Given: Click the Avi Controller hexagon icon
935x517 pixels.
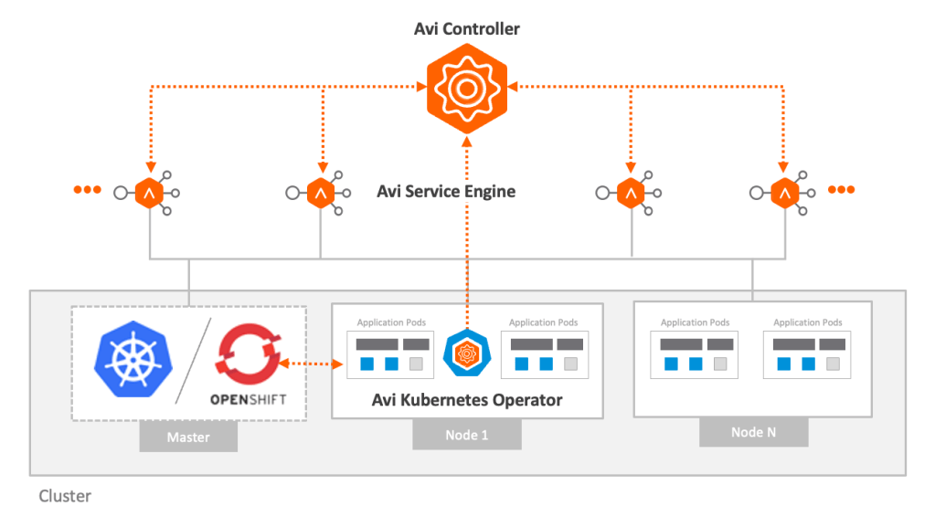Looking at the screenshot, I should [467, 88].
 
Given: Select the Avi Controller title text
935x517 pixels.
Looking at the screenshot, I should [467, 29].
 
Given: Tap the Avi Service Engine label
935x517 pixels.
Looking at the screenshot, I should [446, 192].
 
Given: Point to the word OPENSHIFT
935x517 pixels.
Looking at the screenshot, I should [247, 400].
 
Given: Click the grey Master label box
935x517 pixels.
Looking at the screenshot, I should [188, 438].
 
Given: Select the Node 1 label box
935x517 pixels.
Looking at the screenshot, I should [466, 435].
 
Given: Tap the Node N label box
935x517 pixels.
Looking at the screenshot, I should [753, 432].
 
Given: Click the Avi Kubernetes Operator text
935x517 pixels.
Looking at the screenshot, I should [467, 400].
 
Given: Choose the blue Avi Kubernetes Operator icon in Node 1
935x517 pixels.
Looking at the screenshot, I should [466, 352].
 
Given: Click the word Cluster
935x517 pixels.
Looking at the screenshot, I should [65, 497].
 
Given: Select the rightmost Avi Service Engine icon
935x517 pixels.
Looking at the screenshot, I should [783, 193].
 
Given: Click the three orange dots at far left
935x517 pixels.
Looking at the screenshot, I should [87, 190].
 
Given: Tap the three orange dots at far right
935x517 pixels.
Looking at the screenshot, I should [841, 190].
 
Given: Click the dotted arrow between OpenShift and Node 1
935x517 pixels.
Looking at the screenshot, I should [313, 364].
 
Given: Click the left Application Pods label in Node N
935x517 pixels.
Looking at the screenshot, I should [695, 322].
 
